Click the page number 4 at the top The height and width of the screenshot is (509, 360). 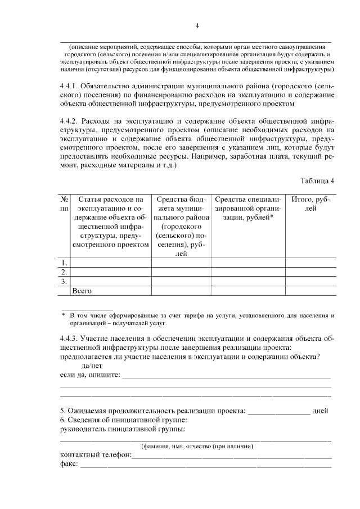[197, 25]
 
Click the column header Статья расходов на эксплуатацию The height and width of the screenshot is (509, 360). [110, 222]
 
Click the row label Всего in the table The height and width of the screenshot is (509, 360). [82, 291]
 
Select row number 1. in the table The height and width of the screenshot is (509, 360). [65, 263]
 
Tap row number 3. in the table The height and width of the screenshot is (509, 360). [65, 281]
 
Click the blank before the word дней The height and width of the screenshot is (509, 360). [279, 411]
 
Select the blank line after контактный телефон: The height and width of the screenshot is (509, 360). [231, 454]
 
